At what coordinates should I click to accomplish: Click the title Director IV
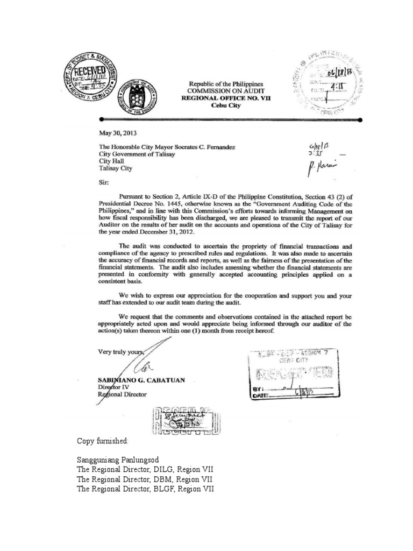click(x=114, y=387)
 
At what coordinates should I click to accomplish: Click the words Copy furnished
click(x=103, y=441)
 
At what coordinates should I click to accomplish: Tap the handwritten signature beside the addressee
click(x=322, y=172)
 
